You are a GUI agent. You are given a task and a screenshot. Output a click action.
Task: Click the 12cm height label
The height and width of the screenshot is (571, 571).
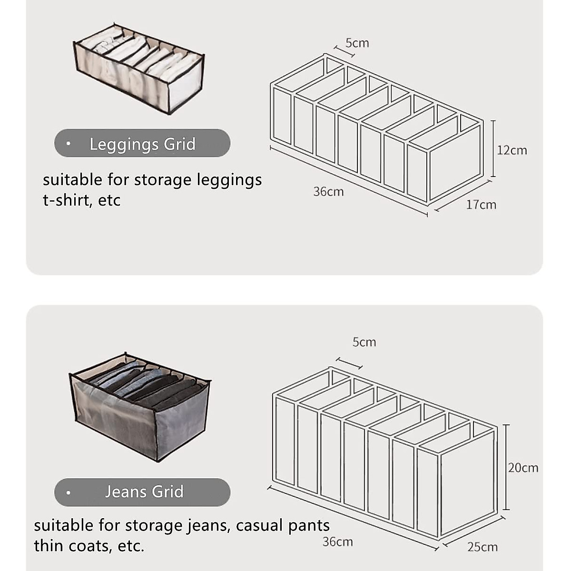512,150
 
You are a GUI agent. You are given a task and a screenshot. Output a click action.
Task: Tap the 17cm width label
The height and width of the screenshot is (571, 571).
481,205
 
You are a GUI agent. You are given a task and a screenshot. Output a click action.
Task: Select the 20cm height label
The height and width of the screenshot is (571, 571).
523,468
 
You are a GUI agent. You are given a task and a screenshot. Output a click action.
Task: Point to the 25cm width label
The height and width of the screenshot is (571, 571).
482,547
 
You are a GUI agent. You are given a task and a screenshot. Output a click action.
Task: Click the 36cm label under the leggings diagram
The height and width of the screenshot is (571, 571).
328,192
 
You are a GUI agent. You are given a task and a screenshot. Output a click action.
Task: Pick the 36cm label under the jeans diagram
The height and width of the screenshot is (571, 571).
337,541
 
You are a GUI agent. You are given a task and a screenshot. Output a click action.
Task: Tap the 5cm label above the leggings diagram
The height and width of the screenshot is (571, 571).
357,43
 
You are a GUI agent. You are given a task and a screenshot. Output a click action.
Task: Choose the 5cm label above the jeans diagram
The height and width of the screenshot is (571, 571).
364,342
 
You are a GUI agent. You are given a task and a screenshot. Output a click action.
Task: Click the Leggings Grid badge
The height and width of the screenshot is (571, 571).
142,144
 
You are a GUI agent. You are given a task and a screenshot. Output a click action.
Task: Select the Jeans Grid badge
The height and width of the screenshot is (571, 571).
142,492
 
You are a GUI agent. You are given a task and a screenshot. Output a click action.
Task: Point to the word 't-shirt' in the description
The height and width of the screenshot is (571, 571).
68,200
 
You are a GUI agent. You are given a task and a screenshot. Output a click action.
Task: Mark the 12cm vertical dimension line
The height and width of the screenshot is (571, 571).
493,148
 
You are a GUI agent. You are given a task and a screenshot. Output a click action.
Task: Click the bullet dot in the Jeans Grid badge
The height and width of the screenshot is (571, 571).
69,492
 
